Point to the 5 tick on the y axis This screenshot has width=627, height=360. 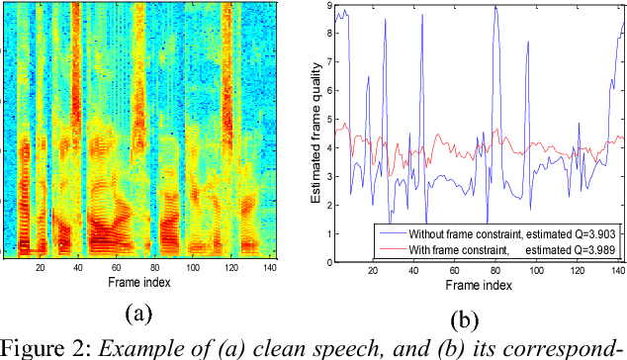point(328,121)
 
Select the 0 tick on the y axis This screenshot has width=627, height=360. point(328,262)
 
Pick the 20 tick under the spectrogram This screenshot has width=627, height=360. point(41,268)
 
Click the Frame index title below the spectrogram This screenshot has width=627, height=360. point(138,282)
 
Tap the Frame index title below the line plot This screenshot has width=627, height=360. point(475,285)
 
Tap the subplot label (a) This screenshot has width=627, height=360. point(138,314)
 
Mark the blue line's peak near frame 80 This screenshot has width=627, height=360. point(494,7)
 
